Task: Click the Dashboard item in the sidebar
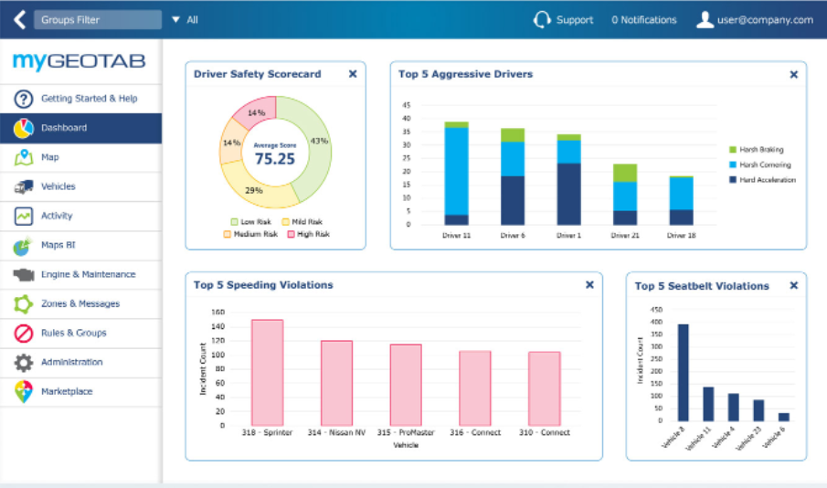click(64, 128)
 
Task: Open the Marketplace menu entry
click(67, 391)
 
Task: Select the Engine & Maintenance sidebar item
click(88, 274)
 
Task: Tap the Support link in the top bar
click(574, 20)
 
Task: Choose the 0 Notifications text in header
click(644, 20)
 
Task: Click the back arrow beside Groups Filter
click(19, 19)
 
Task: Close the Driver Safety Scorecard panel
click(353, 74)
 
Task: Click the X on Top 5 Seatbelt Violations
click(793, 285)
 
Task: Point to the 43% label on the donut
click(319, 141)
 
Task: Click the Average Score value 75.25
click(274, 158)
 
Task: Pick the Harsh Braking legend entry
click(761, 150)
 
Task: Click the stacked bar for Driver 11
click(457, 174)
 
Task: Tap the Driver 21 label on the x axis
click(624, 235)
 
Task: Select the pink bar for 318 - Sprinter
click(267, 372)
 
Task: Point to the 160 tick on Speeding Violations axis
click(217, 312)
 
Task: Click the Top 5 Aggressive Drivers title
click(465, 74)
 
